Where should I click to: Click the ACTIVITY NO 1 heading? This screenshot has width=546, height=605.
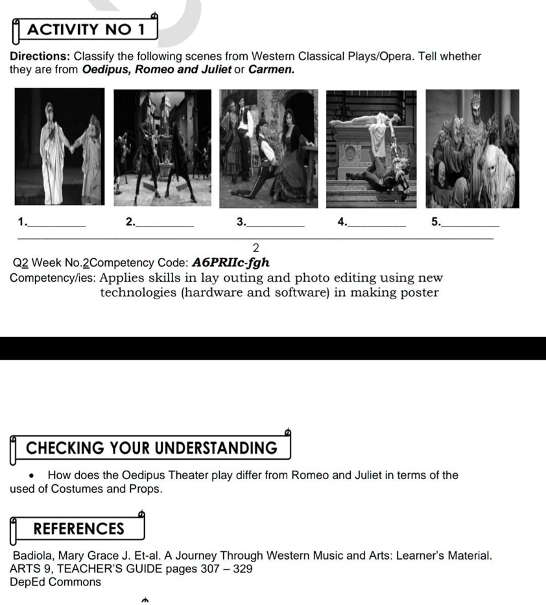click(x=84, y=30)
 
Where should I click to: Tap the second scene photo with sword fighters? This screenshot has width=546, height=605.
click(x=161, y=147)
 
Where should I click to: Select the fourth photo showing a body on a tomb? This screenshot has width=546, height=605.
click(x=371, y=147)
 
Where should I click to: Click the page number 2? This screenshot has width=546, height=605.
click(x=255, y=247)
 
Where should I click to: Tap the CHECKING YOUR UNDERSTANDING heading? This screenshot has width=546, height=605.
click(x=152, y=449)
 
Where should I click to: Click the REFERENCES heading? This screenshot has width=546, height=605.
click(x=78, y=529)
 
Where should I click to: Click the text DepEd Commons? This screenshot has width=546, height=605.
click(x=56, y=582)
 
